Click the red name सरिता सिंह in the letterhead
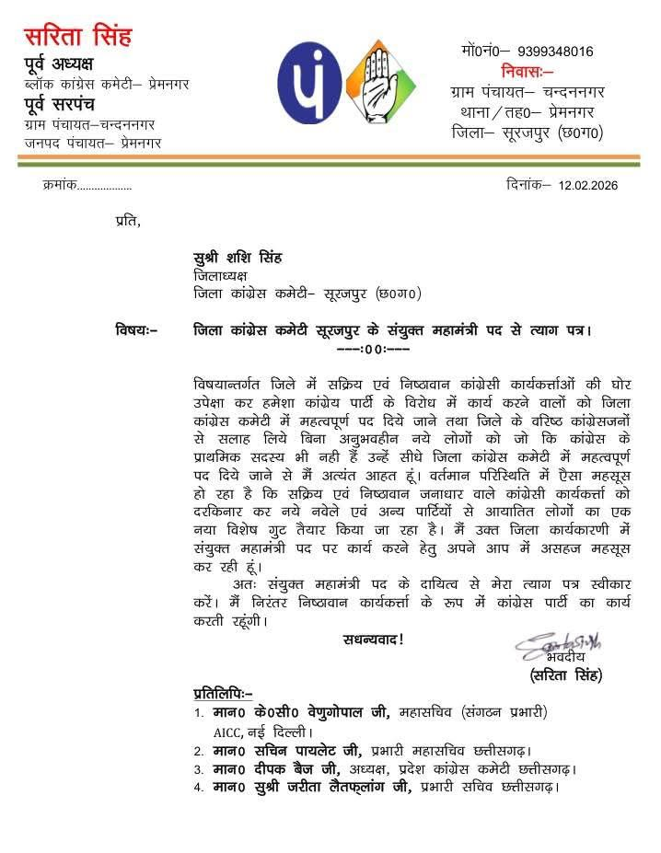tap(77, 37)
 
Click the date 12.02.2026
tap(587, 185)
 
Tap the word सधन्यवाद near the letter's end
tap(372, 639)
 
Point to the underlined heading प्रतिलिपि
tap(222, 692)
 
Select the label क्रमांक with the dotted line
tap(87, 186)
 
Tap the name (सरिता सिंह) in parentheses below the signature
tap(565, 675)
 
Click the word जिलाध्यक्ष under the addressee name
tap(220, 276)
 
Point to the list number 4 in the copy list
tap(198, 788)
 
